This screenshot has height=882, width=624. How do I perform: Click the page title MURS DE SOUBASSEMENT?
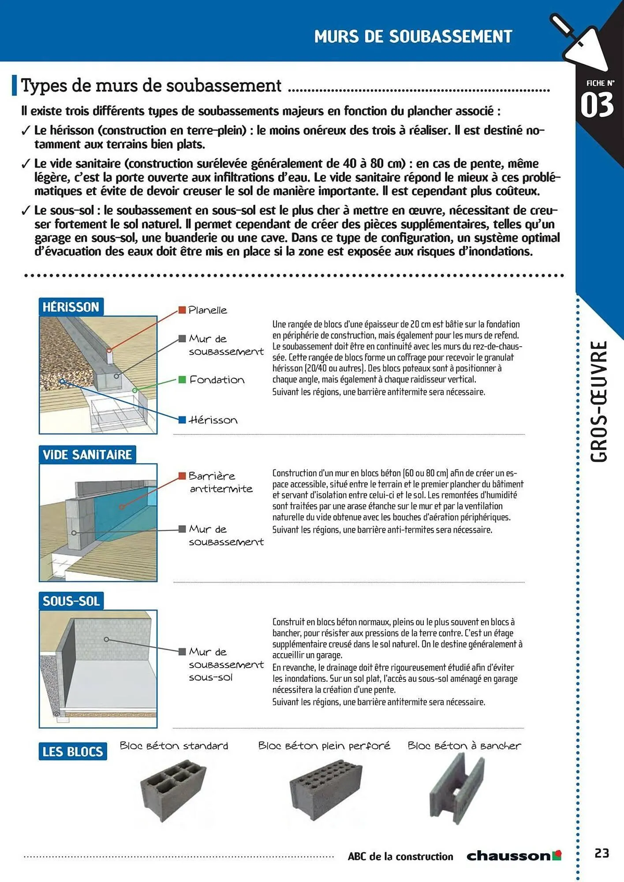(x=413, y=37)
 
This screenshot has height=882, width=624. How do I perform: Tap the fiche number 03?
(x=597, y=105)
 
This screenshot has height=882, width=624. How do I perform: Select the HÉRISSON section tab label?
(x=71, y=307)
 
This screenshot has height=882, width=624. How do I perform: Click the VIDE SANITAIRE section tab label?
(x=87, y=455)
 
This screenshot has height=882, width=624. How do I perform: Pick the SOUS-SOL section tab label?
(x=71, y=601)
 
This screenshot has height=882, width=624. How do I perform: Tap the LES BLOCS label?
(x=73, y=751)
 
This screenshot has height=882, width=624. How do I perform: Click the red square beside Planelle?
(x=182, y=310)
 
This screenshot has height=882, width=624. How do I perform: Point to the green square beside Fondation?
(x=182, y=380)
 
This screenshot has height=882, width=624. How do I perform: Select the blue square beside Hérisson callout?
(x=182, y=420)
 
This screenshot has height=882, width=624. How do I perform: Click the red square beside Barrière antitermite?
(x=182, y=476)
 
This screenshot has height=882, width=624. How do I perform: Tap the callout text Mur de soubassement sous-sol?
(x=226, y=664)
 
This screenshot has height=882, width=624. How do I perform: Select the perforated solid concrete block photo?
(x=325, y=792)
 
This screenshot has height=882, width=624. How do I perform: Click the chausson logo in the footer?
(x=513, y=856)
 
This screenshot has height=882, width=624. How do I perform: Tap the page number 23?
(x=602, y=853)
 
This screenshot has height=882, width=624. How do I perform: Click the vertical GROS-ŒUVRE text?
(x=599, y=401)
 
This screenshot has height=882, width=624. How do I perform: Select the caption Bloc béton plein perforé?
(x=324, y=746)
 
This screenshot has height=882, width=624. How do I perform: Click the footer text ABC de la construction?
(x=400, y=856)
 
